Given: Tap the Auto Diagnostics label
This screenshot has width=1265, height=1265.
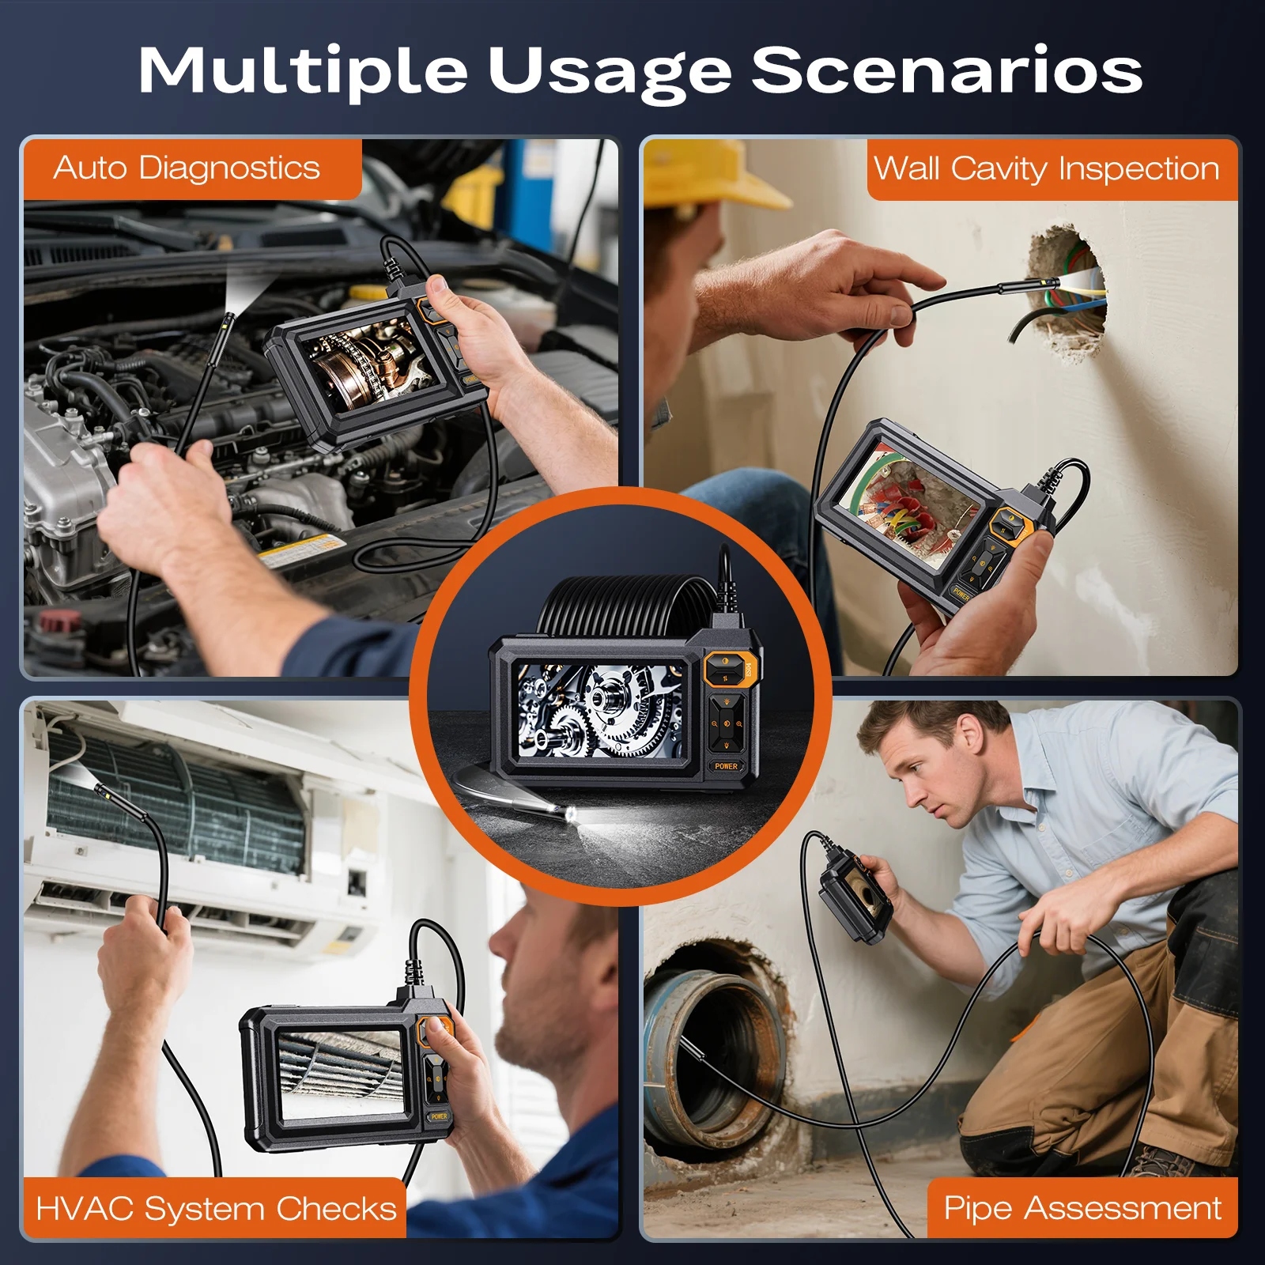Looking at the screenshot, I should click(x=187, y=168).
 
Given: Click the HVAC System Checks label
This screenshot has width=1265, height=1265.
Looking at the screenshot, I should click(x=216, y=1209).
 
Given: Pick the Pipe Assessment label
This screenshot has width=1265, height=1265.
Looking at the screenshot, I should click(x=1082, y=1209).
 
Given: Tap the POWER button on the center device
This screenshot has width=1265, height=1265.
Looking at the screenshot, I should click(x=726, y=766).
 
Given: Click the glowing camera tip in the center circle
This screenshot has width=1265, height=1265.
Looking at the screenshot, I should click(x=571, y=814).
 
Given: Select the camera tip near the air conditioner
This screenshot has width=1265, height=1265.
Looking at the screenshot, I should click(x=103, y=791).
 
